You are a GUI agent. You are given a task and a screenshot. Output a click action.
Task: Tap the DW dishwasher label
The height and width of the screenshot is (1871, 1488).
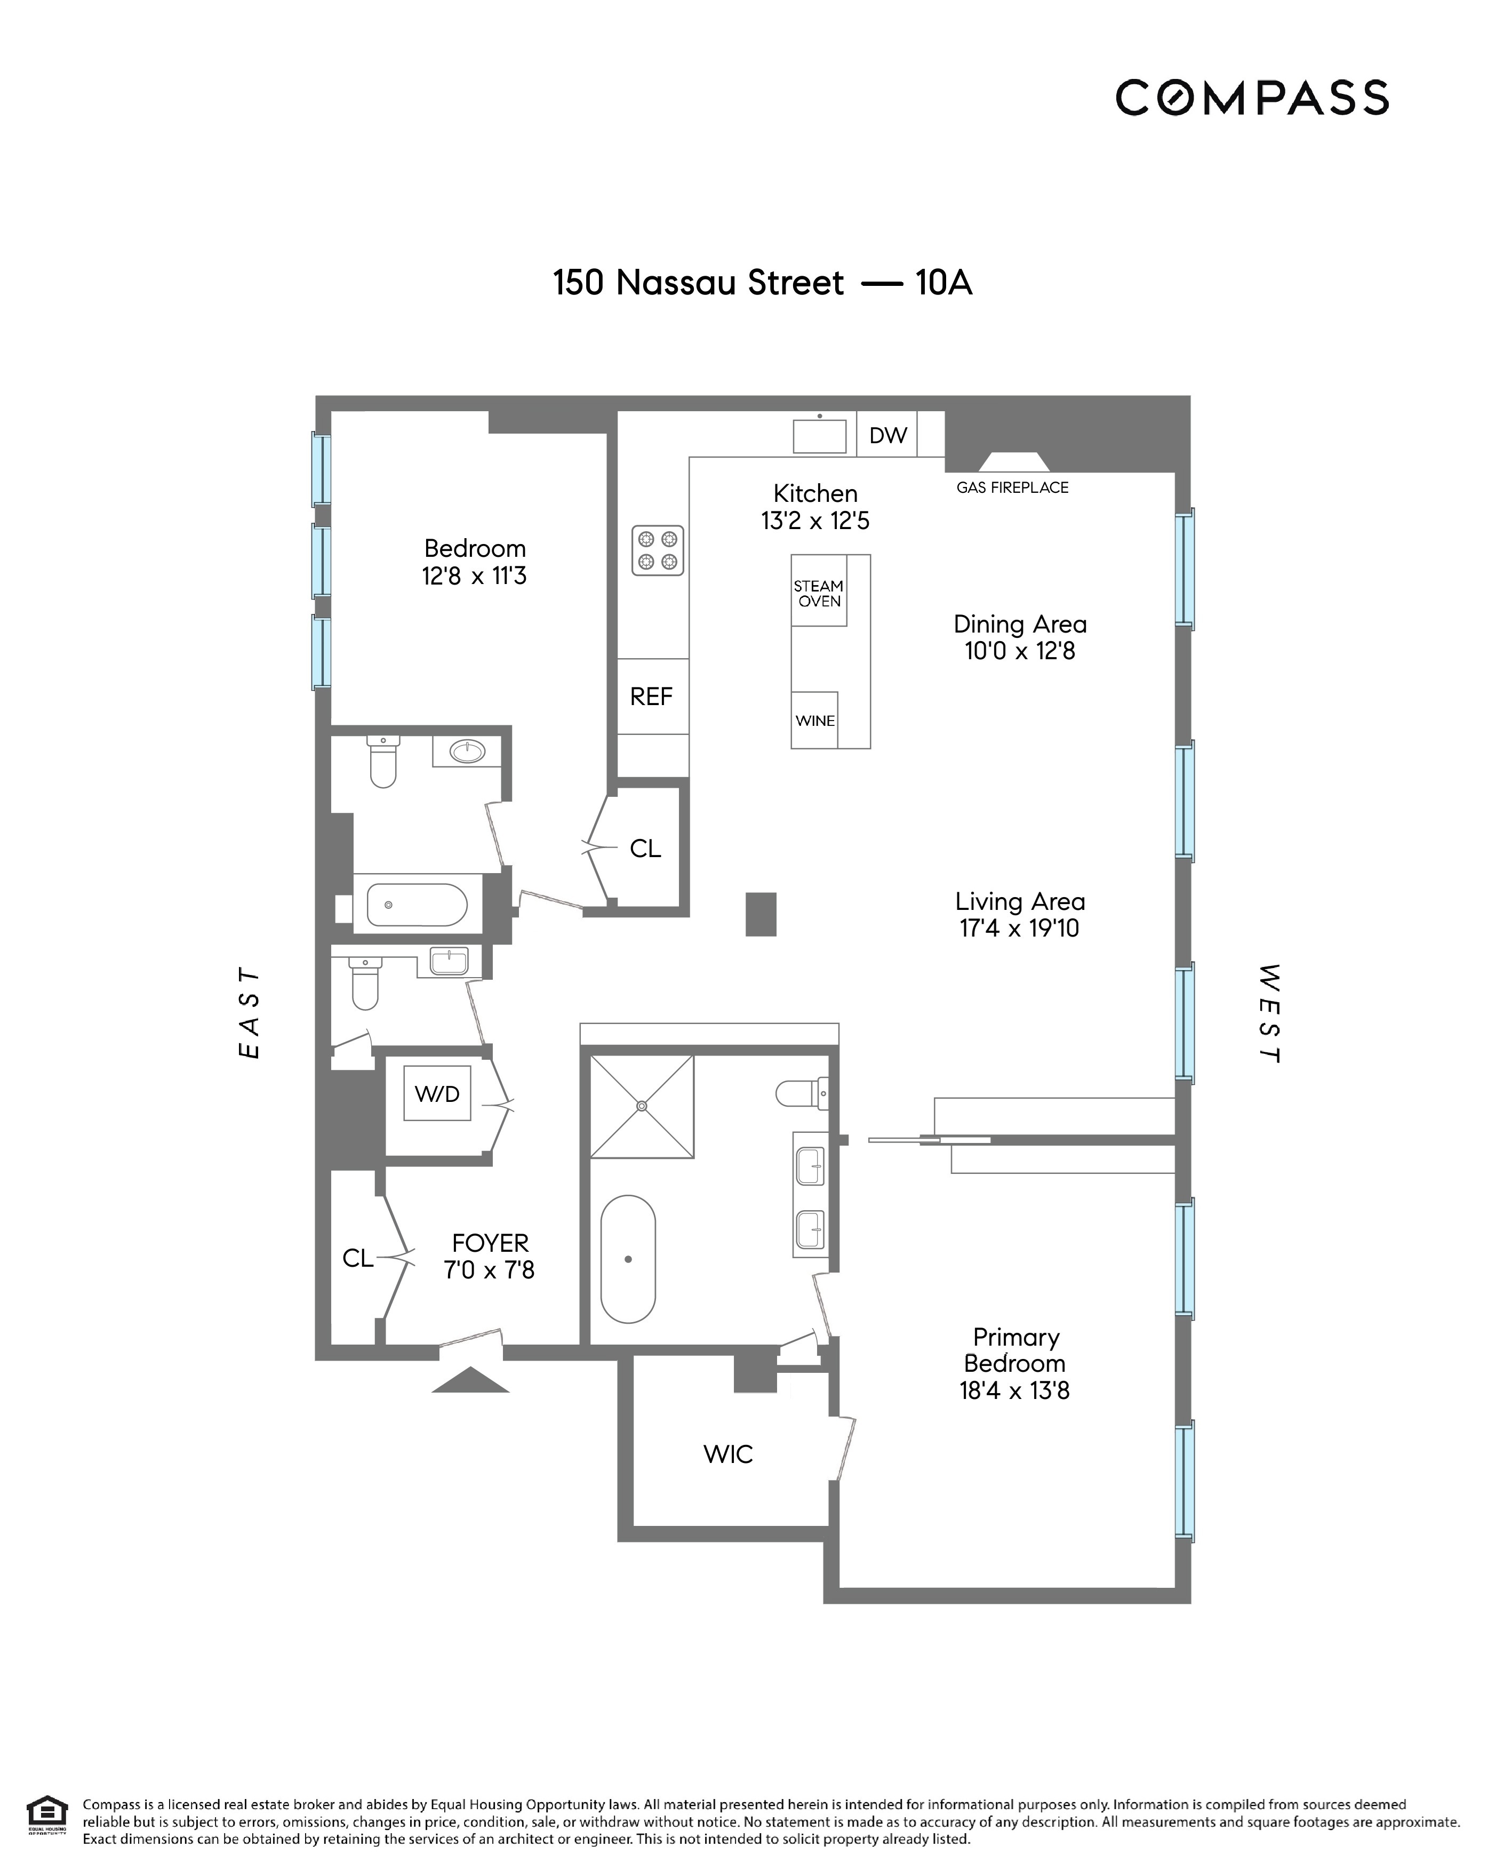tap(887, 436)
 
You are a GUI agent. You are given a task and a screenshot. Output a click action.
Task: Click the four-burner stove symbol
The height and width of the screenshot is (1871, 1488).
tap(657, 550)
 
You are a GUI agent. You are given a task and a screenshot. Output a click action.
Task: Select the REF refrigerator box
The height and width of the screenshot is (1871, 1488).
tap(652, 696)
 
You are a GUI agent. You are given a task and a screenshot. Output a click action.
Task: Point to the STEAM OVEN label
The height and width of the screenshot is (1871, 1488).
tap(818, 594)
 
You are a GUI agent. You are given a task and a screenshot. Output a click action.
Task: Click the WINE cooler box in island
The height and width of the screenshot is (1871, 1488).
tap(815, 720)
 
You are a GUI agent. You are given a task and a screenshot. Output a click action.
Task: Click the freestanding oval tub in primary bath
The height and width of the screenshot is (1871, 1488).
tap(627, 1259)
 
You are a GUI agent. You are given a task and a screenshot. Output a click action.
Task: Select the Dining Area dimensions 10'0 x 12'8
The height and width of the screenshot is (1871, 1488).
tap(1020, 651)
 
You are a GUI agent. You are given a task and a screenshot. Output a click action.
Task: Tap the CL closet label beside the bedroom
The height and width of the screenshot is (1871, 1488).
tap(645, 848)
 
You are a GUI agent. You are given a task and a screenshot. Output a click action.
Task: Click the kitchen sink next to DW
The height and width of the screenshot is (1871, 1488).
tap(819, 436)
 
